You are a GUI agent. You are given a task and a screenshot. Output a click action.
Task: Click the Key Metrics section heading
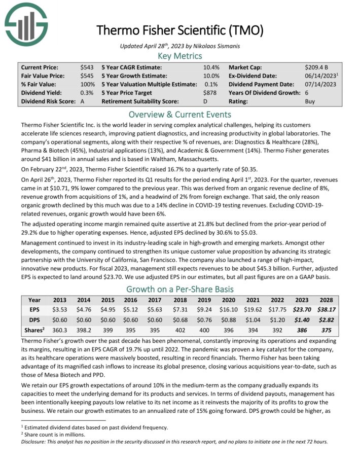(180, 56)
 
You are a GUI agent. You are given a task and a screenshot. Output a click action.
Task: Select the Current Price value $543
(87, 67)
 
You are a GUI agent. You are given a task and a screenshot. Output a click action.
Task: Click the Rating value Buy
(310, 101)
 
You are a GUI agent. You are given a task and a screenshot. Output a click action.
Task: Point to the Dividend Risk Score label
(48, 101)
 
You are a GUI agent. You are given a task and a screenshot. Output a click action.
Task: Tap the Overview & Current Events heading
(180, 115)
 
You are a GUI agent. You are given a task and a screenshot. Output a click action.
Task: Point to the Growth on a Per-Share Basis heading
(180, 290)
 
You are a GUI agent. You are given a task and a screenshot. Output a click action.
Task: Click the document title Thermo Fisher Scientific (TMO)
(180, 30)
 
